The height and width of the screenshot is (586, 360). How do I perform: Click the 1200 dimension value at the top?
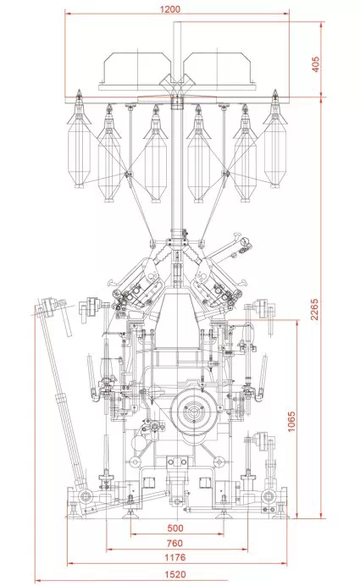(169, 8)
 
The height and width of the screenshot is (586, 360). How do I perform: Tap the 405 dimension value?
(315, 64)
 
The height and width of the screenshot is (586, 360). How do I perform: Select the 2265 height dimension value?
(314, 309)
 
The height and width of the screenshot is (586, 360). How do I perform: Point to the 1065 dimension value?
(291, 421)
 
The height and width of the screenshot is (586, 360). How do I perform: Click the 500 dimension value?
(175, 528)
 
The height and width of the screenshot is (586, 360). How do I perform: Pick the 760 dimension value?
(174, 543)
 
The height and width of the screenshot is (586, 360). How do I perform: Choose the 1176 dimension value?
(175, 557)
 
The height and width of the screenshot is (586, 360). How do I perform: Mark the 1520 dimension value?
(175, 574)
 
